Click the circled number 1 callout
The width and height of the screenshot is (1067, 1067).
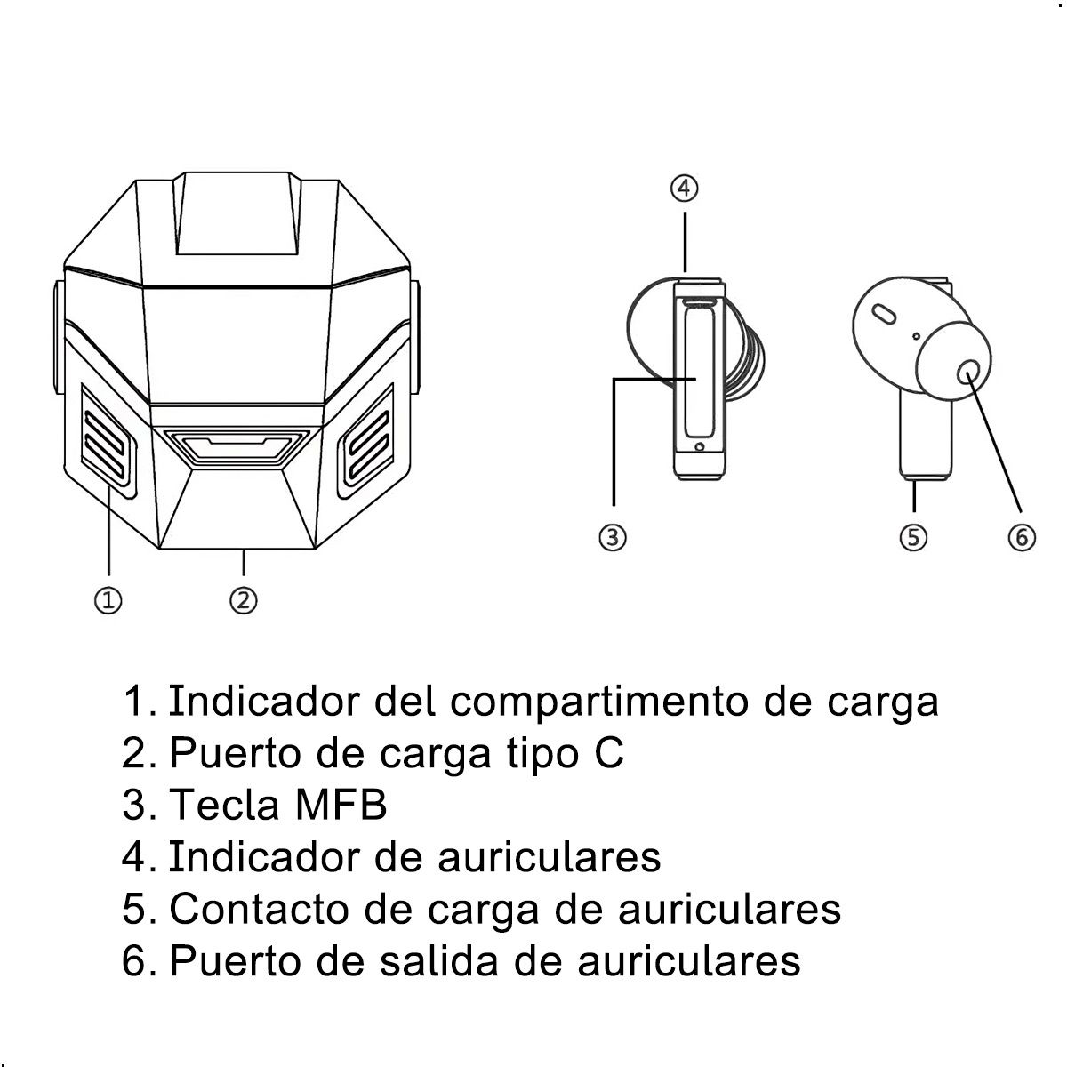(x=108, y=600)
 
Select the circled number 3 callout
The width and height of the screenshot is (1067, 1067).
(x=613, y=537)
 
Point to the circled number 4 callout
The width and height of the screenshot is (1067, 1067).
(x=684, y=189)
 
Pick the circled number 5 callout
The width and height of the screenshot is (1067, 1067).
(x=913, y=537)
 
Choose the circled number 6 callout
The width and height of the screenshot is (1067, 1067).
(x=1021, y=537)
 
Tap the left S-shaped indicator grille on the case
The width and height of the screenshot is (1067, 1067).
(x=109, y=437)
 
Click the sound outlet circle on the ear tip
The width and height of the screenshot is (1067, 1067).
(x=968, y=373)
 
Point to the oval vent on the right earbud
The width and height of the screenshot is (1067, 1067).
(x=884, y=314)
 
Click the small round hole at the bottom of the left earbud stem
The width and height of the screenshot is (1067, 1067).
(x=701, y=447)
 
